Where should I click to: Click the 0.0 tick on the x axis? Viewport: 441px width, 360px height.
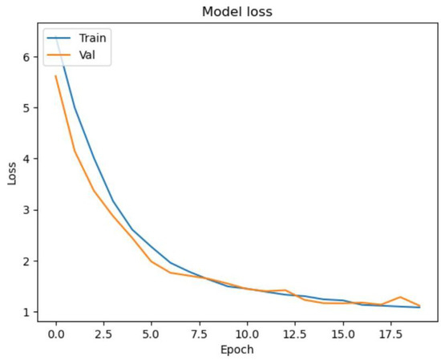point(55,332)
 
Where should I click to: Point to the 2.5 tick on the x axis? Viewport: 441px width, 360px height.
point(103,332)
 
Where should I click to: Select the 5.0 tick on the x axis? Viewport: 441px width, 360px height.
point(152,332)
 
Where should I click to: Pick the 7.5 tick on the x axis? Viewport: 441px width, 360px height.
point(200,332)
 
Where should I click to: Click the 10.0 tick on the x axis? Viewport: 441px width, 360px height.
point(248,332)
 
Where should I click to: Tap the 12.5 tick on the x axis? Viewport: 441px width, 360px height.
point(296,332)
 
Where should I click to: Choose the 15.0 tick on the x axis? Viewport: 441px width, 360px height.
point(343,332)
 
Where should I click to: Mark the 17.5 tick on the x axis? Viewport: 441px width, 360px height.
point(391,332)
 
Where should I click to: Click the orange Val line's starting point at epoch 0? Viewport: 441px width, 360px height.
point(55,76)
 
